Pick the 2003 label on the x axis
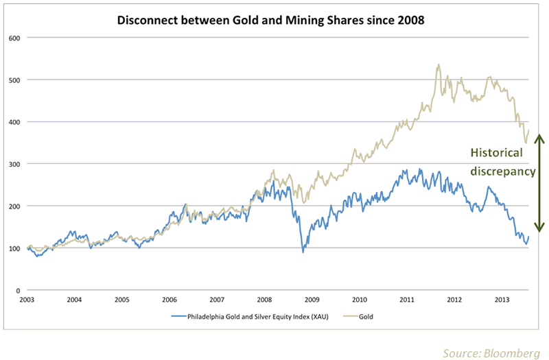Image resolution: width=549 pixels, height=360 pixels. point(27,300)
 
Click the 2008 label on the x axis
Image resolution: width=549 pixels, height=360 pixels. point(265,300)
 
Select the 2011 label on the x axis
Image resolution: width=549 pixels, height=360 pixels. point(407,300)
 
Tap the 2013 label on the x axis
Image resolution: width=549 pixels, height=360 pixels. point(502,300)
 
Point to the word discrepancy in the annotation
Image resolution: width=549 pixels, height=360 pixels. point(502,171)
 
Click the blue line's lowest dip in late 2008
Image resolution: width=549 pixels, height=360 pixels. point(303,252)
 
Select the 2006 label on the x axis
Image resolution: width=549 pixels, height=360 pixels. point(170,300)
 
